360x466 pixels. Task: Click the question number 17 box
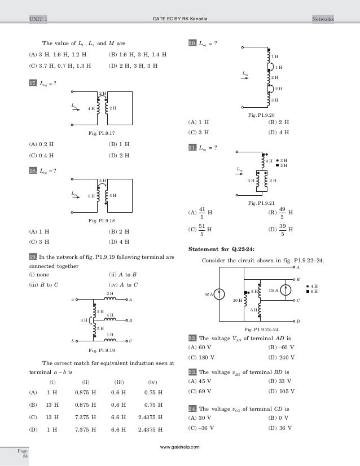(33, 83)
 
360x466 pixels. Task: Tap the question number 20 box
(192, 43)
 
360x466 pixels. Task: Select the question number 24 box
(192, 408)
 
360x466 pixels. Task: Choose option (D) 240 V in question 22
(280, 357)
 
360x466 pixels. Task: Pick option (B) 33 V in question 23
(279, 381)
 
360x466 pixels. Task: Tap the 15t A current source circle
(286, 290)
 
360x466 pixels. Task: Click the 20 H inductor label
(236, 301)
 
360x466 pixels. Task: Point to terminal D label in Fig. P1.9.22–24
(298, 321)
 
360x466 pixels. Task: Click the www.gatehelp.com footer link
(179, 446)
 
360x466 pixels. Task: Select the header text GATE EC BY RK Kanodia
(179, 19)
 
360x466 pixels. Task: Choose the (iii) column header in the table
(119, 381)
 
